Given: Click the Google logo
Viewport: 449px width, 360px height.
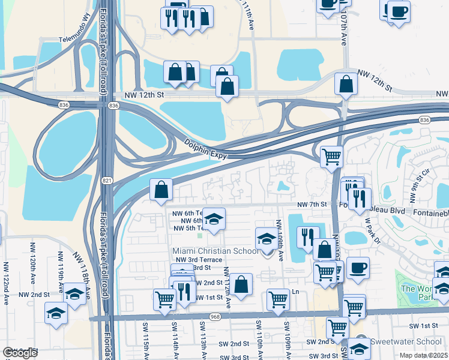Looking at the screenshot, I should pos(20,353).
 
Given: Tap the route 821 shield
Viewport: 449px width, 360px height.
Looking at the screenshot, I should pos(106,180).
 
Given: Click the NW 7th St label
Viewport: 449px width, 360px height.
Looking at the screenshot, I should pos(312,204).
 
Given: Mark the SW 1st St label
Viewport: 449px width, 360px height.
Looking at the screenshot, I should pos(423,325).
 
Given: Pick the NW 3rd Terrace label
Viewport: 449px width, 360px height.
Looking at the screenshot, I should pos(197,259).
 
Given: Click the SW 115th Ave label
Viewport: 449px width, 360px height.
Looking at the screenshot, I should pos(145,341).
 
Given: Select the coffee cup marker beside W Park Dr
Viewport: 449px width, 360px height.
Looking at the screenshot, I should pos(358,268).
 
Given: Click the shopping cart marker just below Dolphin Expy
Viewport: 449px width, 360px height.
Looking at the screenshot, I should pos(331,157).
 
